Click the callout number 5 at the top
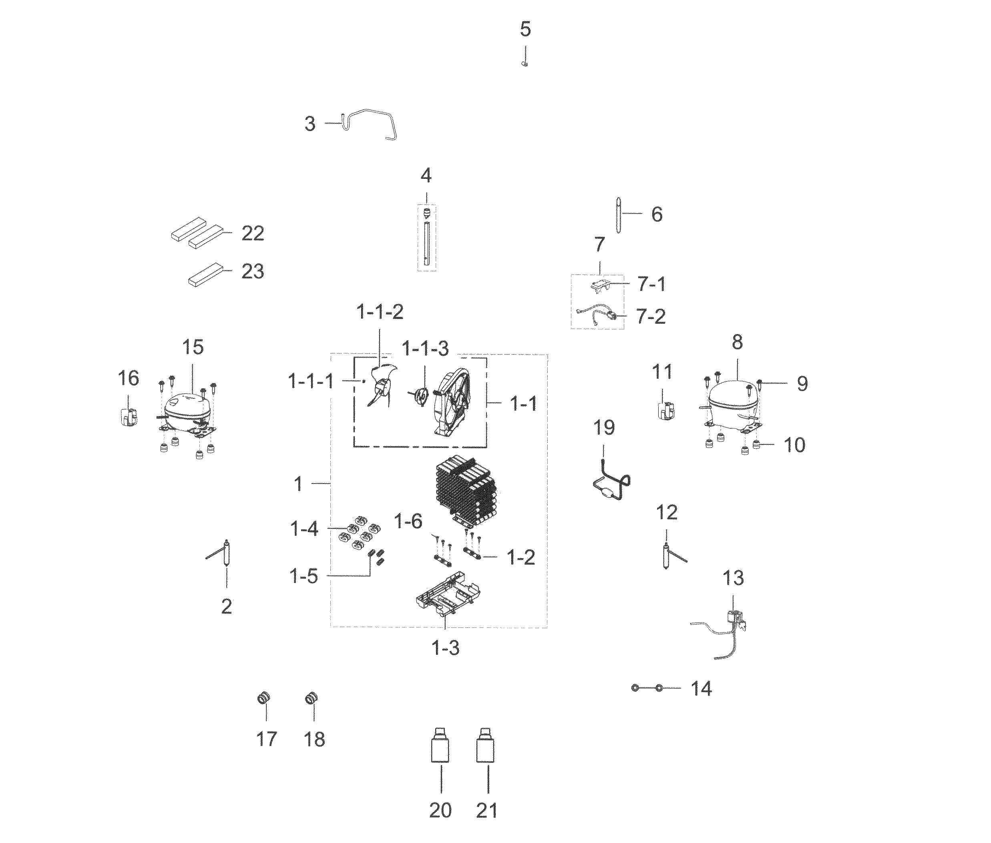click(525, 29)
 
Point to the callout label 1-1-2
click(380, 312)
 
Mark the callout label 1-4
click(304, 529)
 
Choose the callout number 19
click(604, 428)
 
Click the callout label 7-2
click(651, 317)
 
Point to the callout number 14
click(701, 689)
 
